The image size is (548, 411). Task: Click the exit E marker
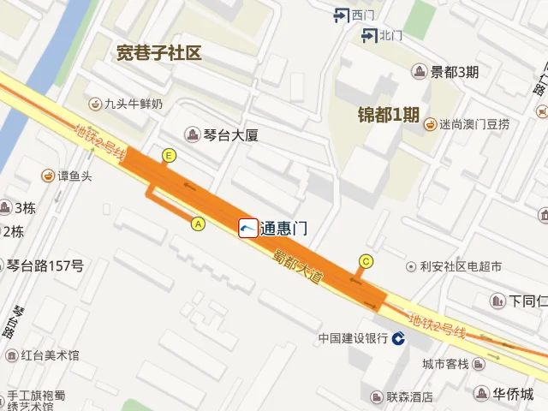pos(170,155)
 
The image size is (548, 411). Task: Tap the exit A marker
pos(199,223)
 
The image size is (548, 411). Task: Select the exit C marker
pos(366,261)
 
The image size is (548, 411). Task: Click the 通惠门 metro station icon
pos(248,228)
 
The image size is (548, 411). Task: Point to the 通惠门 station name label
pos(283,229)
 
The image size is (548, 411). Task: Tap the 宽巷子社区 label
pos(159,53)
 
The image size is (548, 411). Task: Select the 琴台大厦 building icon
pos(194,134)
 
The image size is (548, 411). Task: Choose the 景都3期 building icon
pos(420,72)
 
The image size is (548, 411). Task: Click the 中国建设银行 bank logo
pos(399,339)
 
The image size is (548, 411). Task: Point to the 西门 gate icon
pos(342,15)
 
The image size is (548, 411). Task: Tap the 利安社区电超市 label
pos(461,266)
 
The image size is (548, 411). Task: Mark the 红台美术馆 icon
pos(11,354)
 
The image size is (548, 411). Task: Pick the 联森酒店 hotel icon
pos(377,397)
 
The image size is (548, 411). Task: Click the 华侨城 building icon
pos(481,394)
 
